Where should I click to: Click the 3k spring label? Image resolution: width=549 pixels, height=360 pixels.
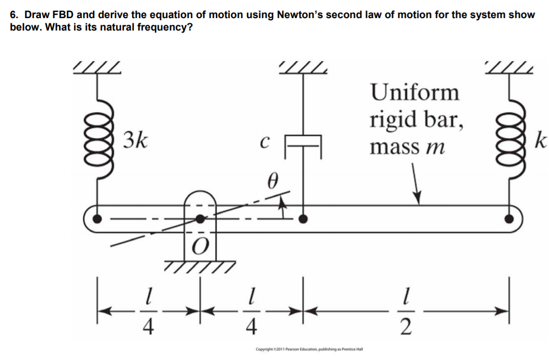(136, 140)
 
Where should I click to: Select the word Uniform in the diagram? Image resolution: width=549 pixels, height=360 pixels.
(414, 93)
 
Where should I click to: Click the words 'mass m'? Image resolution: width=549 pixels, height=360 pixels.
(407, 146)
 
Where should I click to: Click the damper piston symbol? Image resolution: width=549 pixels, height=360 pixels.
(304, 140)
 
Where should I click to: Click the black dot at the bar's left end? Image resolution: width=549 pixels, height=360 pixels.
(97, 219)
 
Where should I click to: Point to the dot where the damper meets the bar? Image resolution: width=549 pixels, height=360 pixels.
(304, 219)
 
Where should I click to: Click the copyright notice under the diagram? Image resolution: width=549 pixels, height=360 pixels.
(309, 349)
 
